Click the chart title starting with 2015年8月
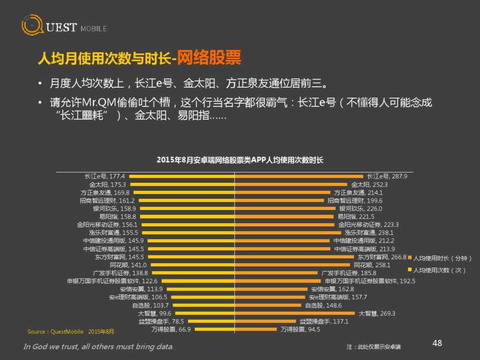(x=240, y=160)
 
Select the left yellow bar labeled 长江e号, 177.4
(x=181, y=176)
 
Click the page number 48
(x=437, y=344)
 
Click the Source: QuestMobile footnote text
(x=70, y=331)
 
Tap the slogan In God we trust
(x=98, y=347)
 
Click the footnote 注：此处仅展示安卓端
(x=374, y=347)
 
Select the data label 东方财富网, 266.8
(x=382, y=257)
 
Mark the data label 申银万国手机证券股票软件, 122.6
(x=112, y=281)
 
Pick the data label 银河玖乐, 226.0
(x=361, y=209)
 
